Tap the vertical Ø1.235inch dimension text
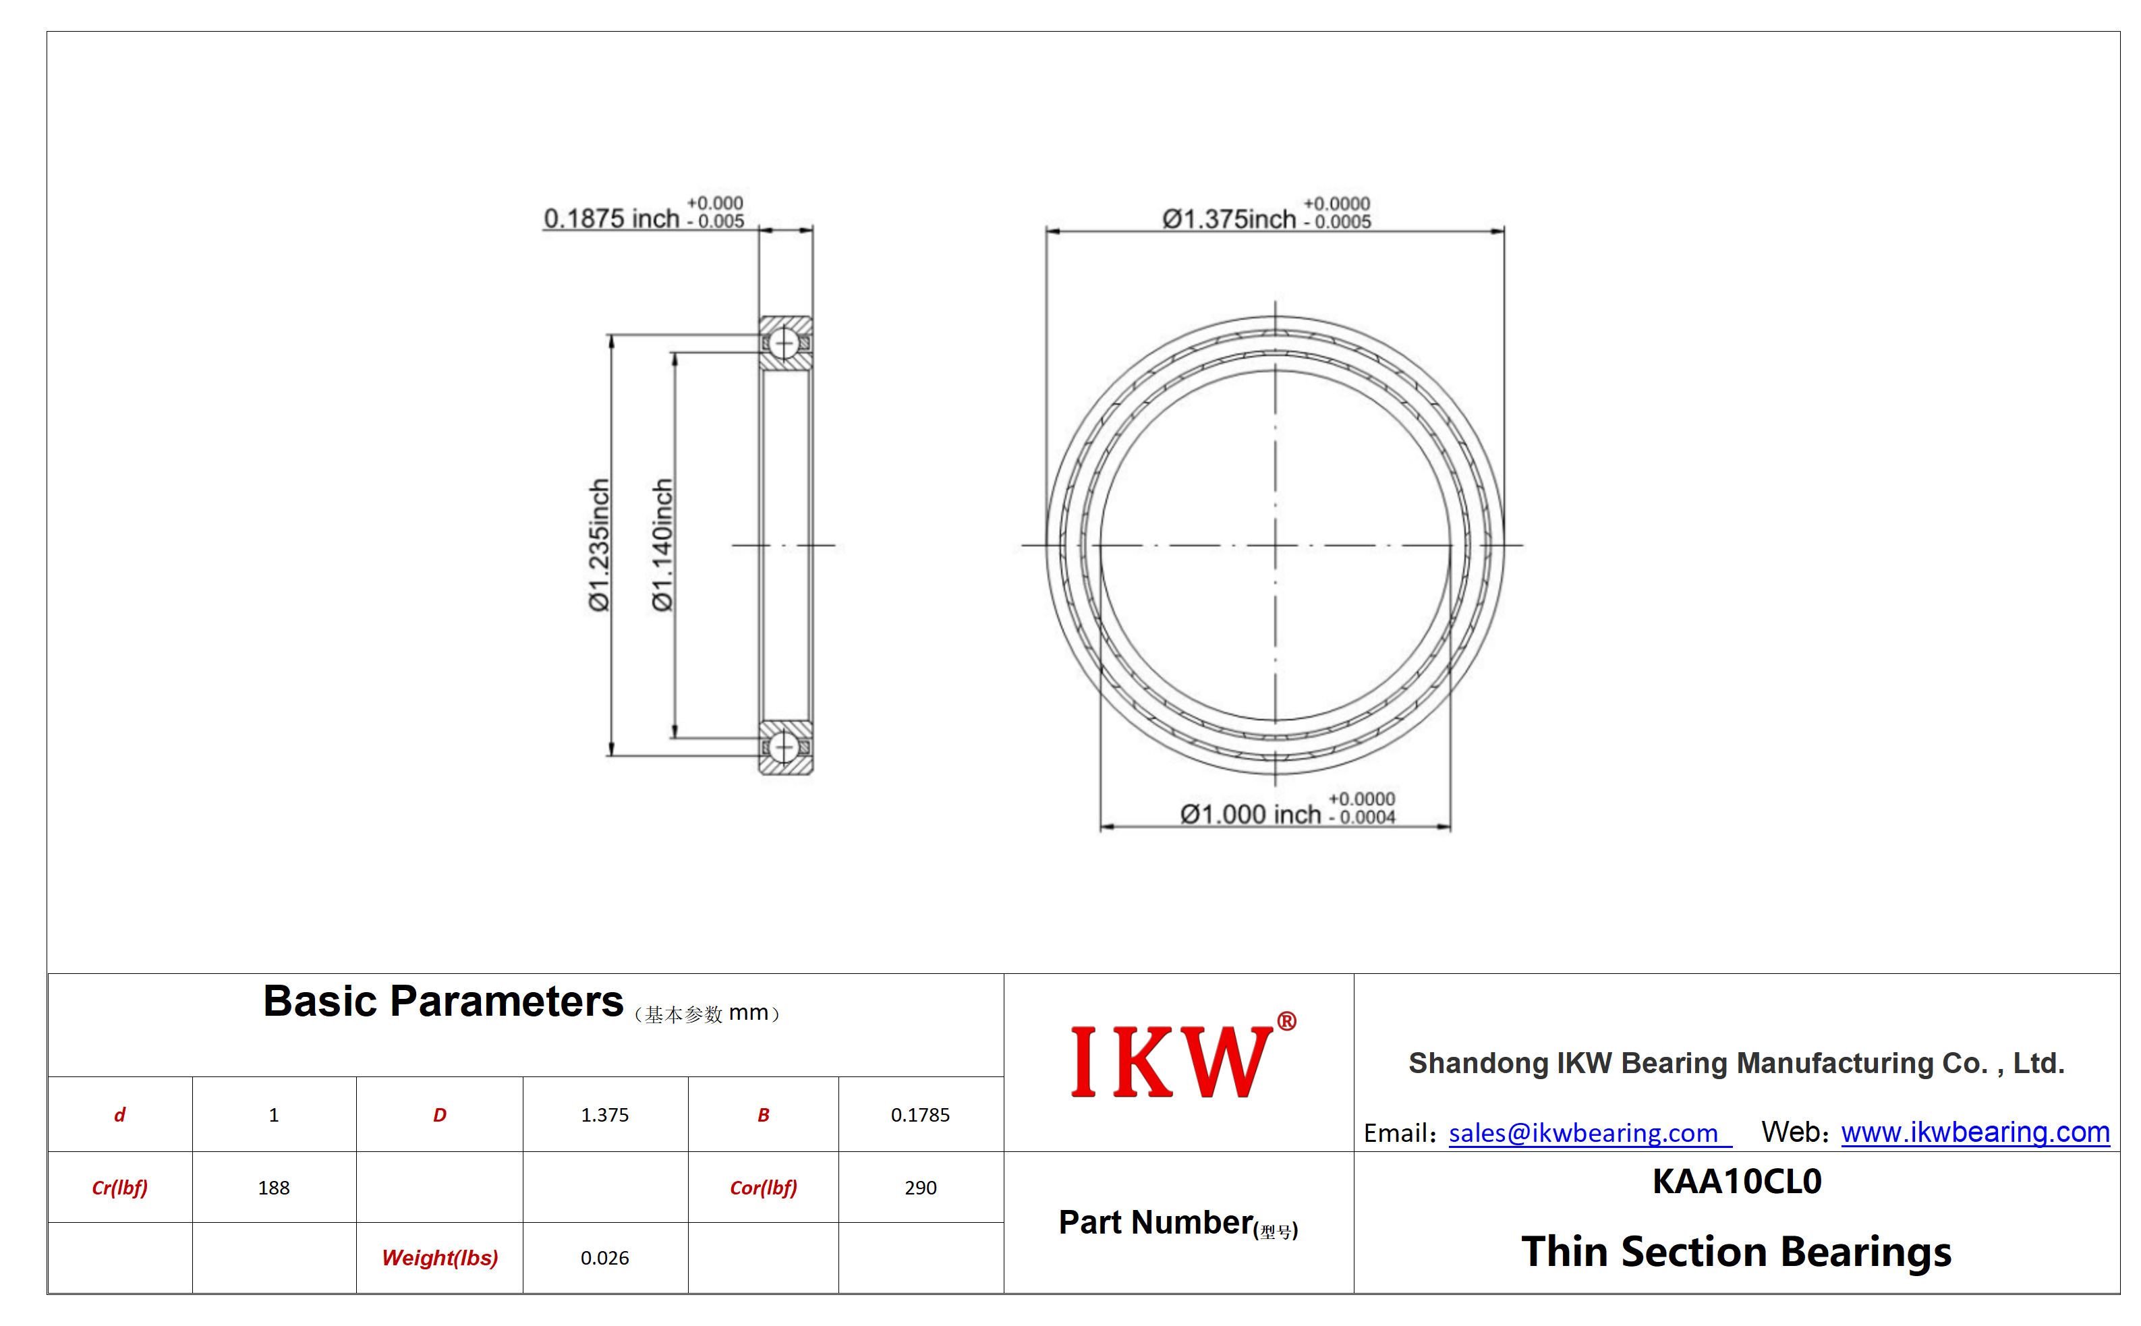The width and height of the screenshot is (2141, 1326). click(x=599, y=544)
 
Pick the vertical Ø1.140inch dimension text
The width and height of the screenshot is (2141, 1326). click(x=662, y=544)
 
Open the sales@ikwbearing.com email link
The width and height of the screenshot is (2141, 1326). click(x=1582, y=1133)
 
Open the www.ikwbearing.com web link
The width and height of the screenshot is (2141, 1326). click(x=1974, y=1132)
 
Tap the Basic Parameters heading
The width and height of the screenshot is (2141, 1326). click(x=443, y=1002)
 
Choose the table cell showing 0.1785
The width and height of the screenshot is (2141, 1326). click(x=920, y=1115)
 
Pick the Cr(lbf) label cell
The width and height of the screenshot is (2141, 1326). click(x=120, y=1188)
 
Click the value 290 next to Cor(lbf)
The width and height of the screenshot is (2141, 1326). click(x=920, y=1188)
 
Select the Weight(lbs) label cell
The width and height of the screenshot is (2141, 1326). click(x=439, y=1258)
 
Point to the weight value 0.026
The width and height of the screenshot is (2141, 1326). click(x=604, y=1258)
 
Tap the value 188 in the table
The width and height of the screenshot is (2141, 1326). click(x=274, y=1188)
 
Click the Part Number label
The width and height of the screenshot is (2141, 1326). click(x=1178, y=1223)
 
